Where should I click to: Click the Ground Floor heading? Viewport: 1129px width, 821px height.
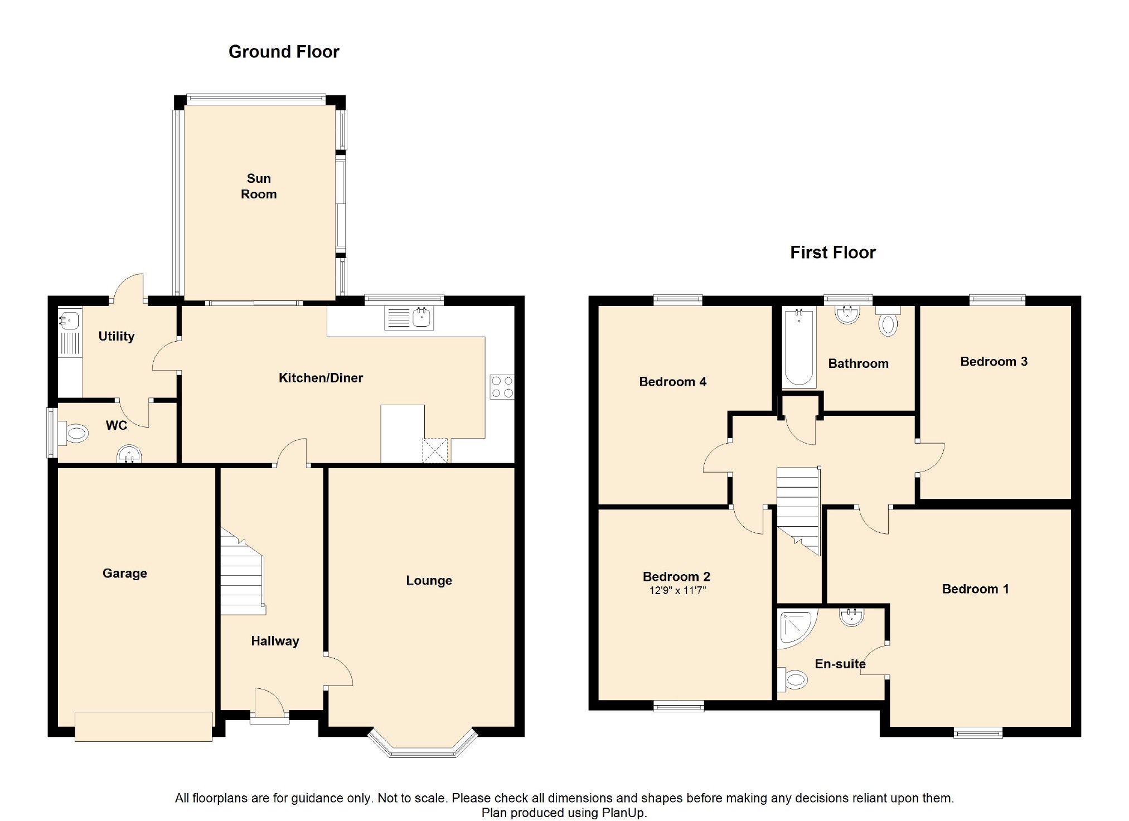pos(284,52)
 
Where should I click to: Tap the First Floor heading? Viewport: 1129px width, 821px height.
pos(833,252)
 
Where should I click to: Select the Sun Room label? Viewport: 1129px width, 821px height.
pos(259,186)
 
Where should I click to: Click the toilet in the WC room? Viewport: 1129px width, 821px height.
pos(73,433)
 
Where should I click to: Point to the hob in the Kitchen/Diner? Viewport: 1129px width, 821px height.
pos(502,387)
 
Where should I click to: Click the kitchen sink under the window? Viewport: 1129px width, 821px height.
pos(409,318)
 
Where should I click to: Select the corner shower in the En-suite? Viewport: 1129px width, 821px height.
pos(797,628)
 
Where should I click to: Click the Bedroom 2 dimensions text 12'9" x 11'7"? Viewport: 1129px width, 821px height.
pos(677,591)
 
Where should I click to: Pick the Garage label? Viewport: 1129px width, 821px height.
pos(125,574)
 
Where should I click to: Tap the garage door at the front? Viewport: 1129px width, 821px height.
pos(143,726)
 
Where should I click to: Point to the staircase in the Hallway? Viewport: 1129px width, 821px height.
pos(243,571)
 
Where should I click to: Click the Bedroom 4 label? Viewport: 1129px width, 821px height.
pos(673,382)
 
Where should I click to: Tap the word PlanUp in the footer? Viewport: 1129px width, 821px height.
pos(623,813)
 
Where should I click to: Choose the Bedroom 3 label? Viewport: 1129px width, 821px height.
pos(994,362)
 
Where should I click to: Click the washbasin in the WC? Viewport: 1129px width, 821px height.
pos(129,455)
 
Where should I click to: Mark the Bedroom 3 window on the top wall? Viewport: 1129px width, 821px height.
pos(997,300)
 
